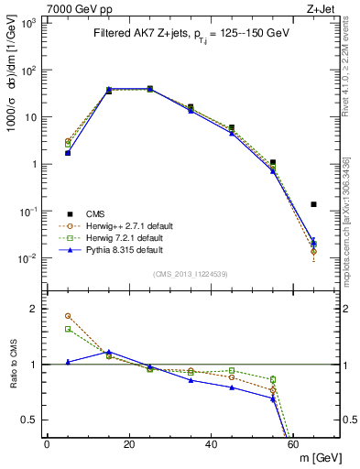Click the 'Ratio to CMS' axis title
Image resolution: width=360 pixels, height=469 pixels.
[x=12, y=364]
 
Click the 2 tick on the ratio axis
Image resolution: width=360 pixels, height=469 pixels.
[x=34, y=309]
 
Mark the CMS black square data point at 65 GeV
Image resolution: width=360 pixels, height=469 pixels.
[x=314, y=204]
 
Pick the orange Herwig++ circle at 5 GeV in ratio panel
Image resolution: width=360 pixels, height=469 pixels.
[x=68, y=316]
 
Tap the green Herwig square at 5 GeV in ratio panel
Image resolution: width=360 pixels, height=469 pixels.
[x=68, y=329]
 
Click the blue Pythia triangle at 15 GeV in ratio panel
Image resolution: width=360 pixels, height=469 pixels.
[x=109, y=351]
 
